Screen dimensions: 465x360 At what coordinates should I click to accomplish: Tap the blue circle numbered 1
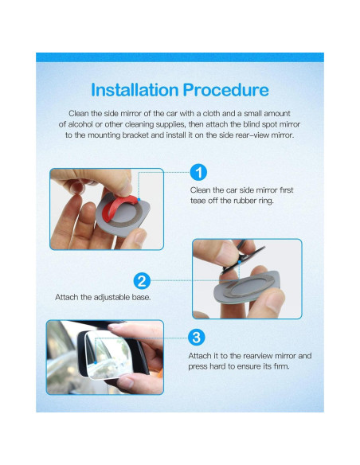click(x=199, y=171)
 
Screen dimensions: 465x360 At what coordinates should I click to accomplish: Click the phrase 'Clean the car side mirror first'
click(x=241, y=190)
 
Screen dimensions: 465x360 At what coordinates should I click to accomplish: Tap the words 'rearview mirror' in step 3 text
click(x=268, y=355)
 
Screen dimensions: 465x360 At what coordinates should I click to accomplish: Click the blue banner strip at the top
click(x=180, y=57)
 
